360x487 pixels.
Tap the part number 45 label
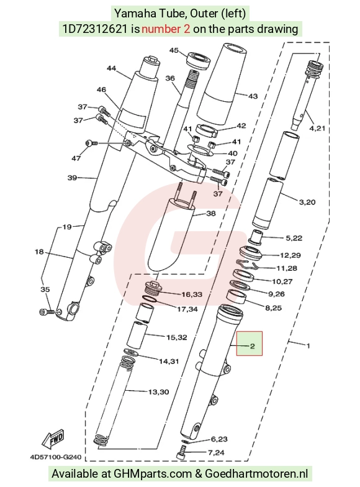point(174,50)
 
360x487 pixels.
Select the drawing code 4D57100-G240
point(56,457)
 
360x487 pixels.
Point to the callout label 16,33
point(191,294)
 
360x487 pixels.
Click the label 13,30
point(158,392)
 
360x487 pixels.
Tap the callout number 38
point(211,214)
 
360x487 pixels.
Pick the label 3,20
point(307,203)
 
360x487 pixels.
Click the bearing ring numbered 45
point(199,60)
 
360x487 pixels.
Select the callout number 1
point(308,345)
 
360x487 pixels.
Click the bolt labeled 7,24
point(181,452)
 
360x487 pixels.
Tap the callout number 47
point(76,158)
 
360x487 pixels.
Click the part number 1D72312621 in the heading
point(95,29)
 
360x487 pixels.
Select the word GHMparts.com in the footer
point(153,473)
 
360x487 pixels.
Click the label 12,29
point(290,255)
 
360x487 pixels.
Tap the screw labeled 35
point(47,312)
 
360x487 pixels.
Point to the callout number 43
point(253,96)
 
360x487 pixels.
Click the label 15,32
point(176,337)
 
